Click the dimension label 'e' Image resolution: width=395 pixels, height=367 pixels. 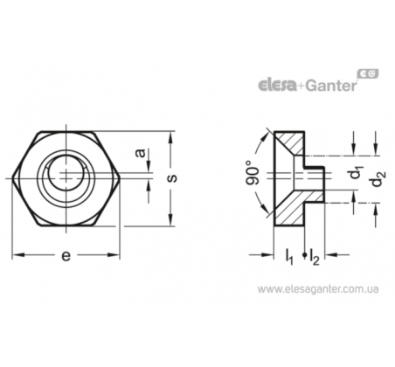point(66,255)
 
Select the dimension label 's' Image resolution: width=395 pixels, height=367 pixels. point(172,178)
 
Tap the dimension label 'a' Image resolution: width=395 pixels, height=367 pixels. point(141,153)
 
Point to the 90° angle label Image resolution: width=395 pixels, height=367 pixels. point(253,173)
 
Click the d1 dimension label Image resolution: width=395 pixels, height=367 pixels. point(355,173)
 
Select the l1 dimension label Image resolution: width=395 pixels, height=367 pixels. point(289,257)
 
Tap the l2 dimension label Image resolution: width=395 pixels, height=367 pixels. point(315,257)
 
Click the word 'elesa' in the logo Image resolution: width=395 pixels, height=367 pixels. point(278,86)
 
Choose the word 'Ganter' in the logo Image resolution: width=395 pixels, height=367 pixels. point(332,85)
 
